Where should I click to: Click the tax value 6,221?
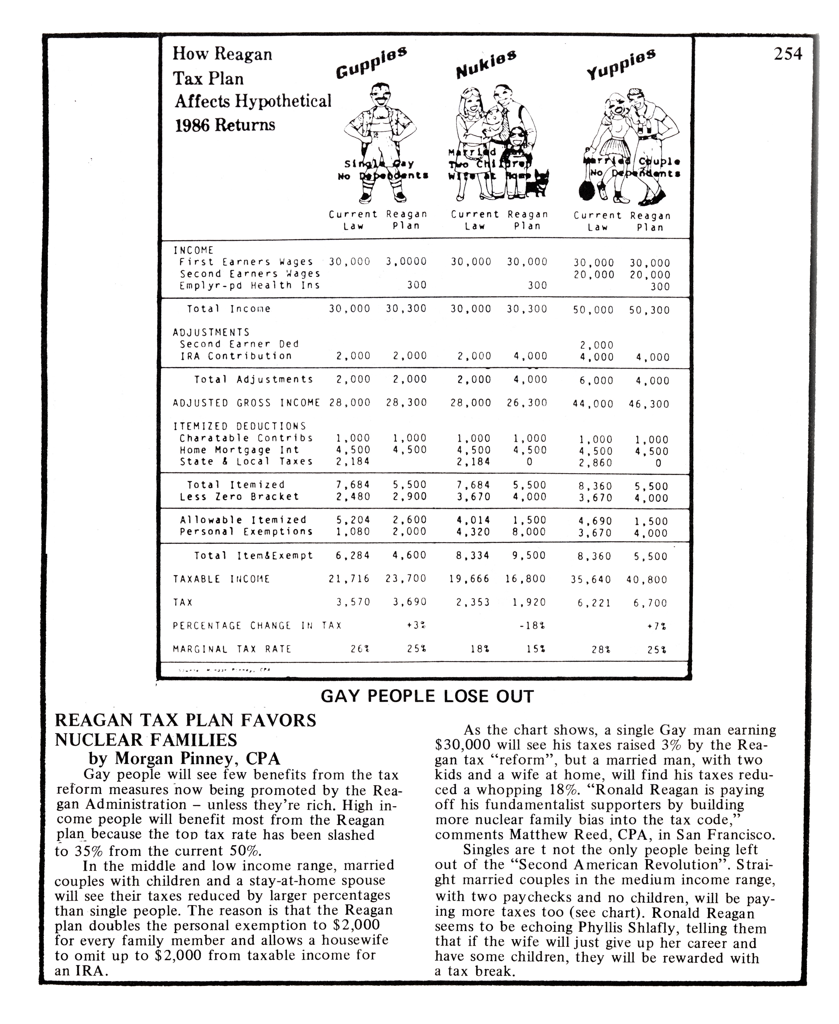coord(594,603)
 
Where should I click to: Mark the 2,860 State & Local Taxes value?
coord(595,463)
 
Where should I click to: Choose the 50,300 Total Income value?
coord(649,310)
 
